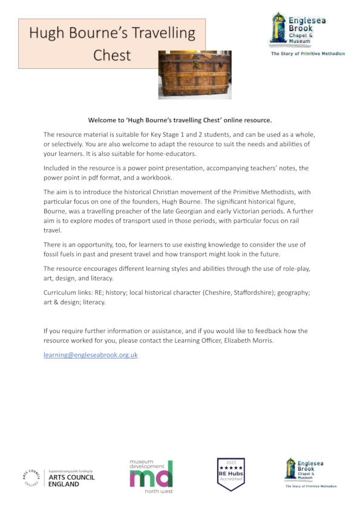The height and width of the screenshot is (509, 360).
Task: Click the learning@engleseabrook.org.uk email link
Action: (x=91, y=355)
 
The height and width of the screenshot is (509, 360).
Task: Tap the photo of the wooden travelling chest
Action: (x=195, y=74)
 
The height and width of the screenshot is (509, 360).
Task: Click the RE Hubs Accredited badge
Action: (x=231, y=473)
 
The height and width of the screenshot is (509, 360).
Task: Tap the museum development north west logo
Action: (x=151, y=475)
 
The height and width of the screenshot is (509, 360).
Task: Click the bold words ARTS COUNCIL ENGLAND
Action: (x=71, y=481)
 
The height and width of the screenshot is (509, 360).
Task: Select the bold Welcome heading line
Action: (x=180, y=120)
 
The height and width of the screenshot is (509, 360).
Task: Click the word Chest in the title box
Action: (x=112, y=55)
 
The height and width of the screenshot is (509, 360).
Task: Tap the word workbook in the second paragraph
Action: (x=160, y=178)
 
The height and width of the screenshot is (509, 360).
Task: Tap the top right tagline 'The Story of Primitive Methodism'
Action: (x=307, y=54)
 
